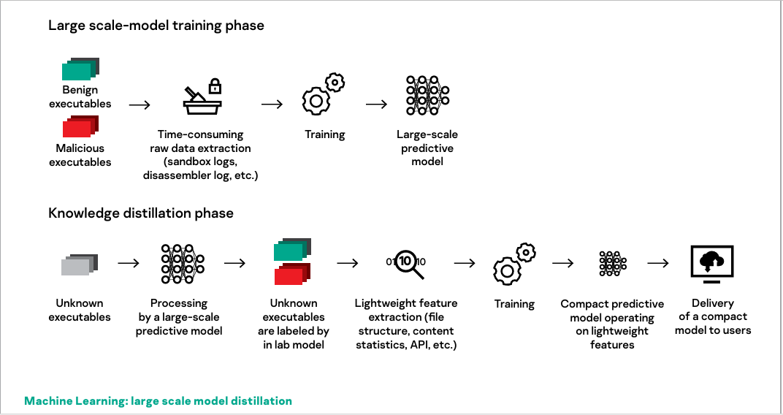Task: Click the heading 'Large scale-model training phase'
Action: pos(156,26)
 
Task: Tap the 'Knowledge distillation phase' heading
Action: pos(141,213)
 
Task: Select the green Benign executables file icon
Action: pos(80,70)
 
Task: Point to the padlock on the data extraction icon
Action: pos(215,88)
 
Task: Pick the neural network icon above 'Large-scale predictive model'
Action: pos(427,95)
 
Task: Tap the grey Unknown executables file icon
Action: pos(79,264)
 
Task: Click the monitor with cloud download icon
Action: pos(712,264)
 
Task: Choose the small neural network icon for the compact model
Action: pos(612,264)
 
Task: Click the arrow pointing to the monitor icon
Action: pos(658,263)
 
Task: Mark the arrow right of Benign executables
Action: pos(140,105)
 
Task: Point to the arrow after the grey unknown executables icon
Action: pos(128,263)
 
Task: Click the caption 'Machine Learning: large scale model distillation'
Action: pos(158,401)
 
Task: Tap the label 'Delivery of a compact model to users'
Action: pos(712,316)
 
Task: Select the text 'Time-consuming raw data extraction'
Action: pos(200,142)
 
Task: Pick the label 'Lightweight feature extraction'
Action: pos(406,310)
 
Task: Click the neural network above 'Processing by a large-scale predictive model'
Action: pos(182,264)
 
